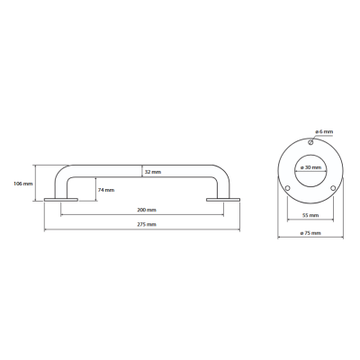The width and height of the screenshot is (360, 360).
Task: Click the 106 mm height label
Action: click(23, 184)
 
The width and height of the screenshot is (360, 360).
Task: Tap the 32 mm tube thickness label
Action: click(153, 172)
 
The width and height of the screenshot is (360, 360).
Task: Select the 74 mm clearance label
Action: click(106, 190)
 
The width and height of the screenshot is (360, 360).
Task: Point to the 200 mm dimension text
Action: click(147, 210)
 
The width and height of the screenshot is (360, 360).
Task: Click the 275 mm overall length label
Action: click(147, 224)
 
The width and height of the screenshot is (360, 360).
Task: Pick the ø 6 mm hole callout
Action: click(324, 131)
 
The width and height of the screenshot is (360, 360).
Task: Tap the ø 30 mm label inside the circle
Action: click(310, 167)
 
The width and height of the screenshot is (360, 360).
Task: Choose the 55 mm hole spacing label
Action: click(310, 215)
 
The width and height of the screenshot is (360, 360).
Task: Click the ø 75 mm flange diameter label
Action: click(310, 233)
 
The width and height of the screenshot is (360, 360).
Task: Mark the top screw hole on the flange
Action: click(310, 142)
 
